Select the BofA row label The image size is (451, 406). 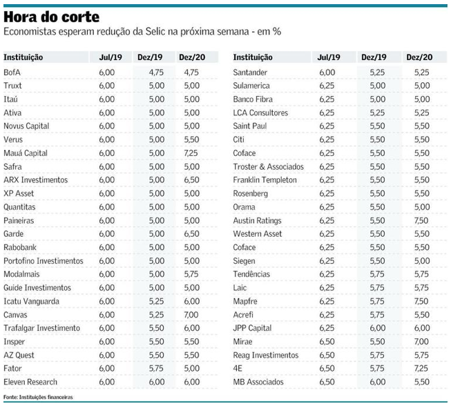click(12, 72)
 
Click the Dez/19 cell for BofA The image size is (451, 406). click(156, 72)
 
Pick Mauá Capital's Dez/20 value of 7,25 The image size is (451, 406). click(191, 153)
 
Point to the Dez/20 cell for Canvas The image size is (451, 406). click(191, 315)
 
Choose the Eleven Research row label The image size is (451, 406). click(30, 382)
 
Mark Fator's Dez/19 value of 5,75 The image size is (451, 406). click(156, 369)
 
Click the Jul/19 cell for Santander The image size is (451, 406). click(327, 72)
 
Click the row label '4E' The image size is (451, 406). click(238, 369)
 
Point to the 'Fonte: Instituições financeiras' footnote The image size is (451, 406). click(38, 398)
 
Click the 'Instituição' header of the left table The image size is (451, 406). click(23, 57)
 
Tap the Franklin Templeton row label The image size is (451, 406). click(265, 180)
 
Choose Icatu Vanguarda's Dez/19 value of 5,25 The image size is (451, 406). click(156, 301)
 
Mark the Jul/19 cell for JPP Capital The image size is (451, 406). click(327, 328)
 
